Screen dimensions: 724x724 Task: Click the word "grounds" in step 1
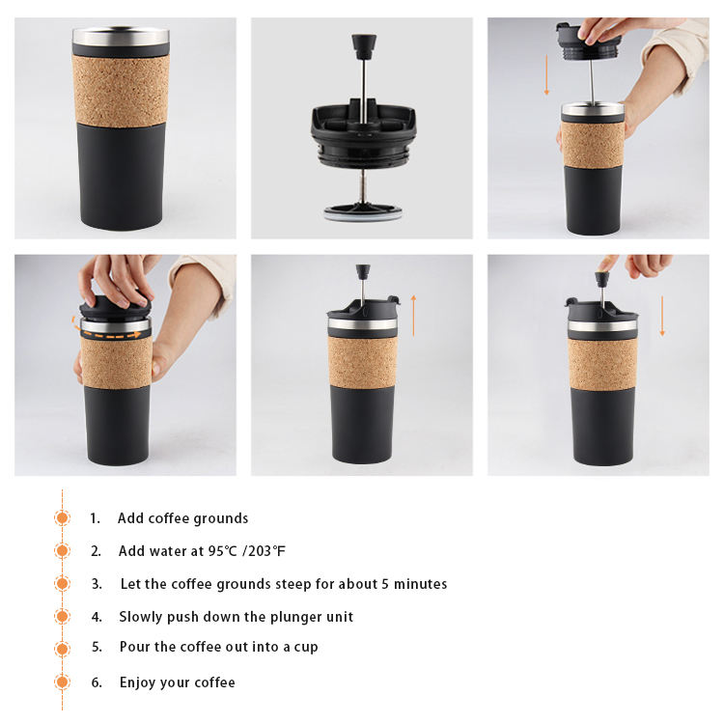[x=221, y=519]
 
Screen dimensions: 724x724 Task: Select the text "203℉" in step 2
[x=266, y=551]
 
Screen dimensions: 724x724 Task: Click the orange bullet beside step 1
[x=63, y=517]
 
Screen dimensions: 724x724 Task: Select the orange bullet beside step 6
[x=63, y=682]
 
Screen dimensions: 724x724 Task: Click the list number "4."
[x=97, y=617]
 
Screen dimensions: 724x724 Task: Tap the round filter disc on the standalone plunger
[x=363, y=212]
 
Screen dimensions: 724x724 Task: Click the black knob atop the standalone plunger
[x=364, y=46]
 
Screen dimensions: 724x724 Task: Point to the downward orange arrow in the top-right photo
[x=546, y=74]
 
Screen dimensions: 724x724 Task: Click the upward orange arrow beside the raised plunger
[x=413, y=316]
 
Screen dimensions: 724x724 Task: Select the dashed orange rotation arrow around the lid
[x=107, y=331]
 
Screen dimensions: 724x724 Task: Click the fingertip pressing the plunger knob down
[x=602, y=266]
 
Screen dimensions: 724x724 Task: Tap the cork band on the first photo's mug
[x=121, y=90]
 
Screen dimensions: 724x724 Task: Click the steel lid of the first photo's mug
[x=121, y=36]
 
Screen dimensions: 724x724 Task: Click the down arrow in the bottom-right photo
[x=662, y=316]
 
